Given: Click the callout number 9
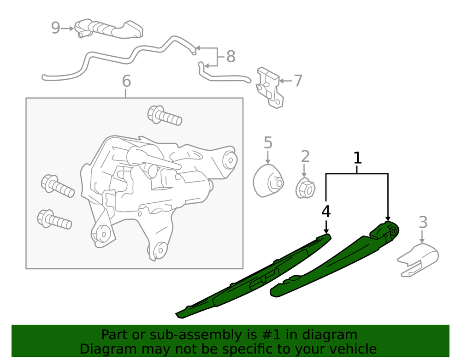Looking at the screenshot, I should tap(55, 28).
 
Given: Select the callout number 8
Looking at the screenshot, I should tap(230, 57).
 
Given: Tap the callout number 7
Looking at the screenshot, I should tap(298, 81).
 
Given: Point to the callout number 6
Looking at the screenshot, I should tap(126, 82).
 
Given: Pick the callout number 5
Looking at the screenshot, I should tap(268, 142).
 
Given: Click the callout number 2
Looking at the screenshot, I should tap(305, 157).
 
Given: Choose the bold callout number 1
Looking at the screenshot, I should tap(357, 158).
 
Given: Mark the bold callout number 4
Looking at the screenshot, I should tap(326, 212).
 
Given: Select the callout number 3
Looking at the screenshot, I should tap(423, 222).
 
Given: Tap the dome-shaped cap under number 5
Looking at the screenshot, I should tap(268, 181).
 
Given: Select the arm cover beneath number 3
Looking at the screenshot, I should tap(418, 260).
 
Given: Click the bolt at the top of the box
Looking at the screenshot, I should tap(164, 115).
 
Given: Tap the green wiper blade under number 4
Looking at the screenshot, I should tap(254, 278).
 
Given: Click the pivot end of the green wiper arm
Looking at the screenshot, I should tap(390, 230).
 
